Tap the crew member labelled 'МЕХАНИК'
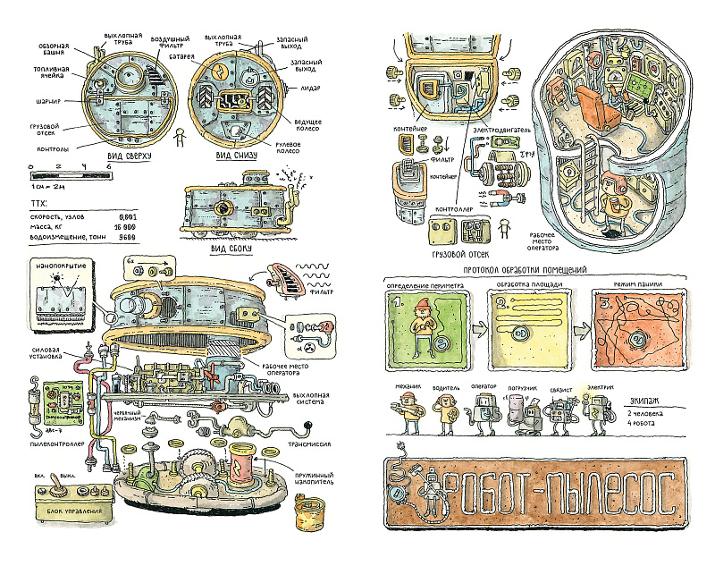click(x=408, y=412)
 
